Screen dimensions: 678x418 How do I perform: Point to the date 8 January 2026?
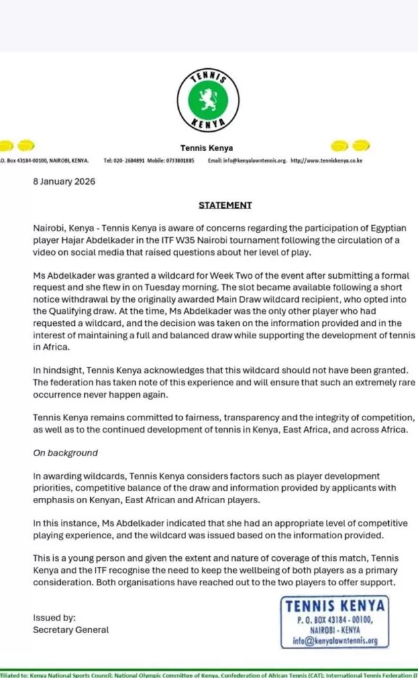click(x=64, y=182)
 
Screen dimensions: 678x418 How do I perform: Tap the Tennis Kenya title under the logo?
click(x=207, y=148)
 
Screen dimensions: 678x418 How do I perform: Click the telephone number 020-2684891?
click(x=129, y=161)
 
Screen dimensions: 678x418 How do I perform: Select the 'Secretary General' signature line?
click(x=71, y=630)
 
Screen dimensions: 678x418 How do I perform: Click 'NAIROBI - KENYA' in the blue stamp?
click(x=337, y=630)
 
